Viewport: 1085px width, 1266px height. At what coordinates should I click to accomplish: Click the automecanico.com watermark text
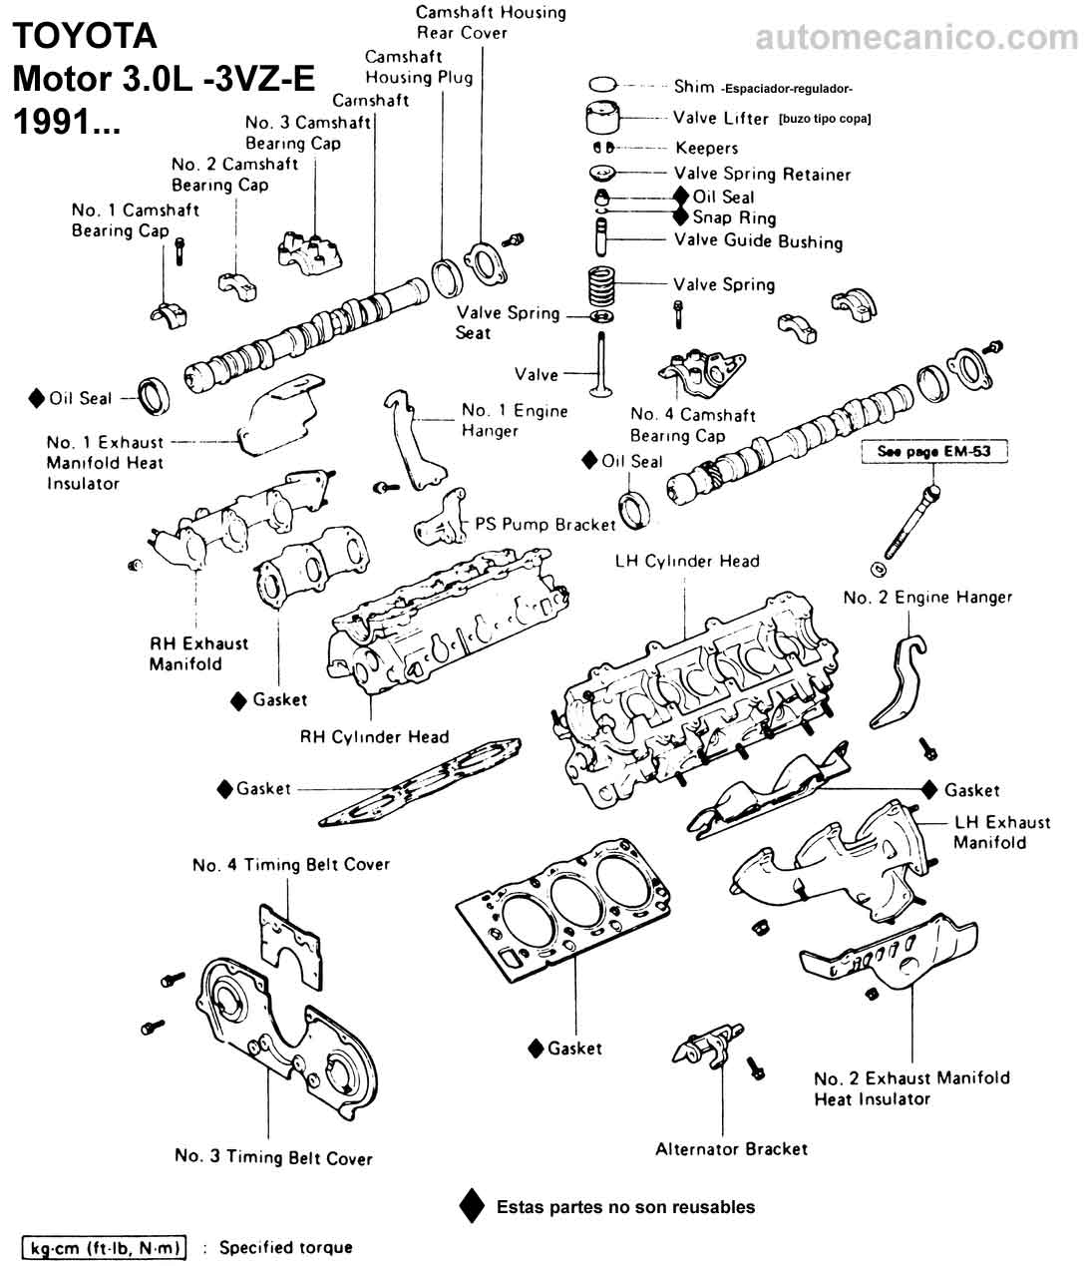click(x=916, y=38)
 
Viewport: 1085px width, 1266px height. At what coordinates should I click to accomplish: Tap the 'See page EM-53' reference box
click(x=933, y=452)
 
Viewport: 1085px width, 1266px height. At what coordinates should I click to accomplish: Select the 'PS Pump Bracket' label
click(x=544, y=524)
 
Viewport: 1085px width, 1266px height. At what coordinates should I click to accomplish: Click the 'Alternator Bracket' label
click(x=731, y=1149)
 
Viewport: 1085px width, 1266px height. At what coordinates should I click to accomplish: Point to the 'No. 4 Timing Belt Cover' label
click(x=290, y=865)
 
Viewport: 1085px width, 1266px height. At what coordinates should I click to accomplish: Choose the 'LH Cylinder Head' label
click(x=687, y=562)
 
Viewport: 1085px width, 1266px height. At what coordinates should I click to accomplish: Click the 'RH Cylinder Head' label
click(x=374, y=737)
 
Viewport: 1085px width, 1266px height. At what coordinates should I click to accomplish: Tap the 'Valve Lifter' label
click(x=720, y=119)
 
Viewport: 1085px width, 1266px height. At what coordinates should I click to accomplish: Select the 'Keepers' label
click(x=706, y=149)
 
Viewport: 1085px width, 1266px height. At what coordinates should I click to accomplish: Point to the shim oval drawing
click(x=603, y=85)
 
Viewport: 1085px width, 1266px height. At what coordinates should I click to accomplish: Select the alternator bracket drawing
click(x=709, y=1047)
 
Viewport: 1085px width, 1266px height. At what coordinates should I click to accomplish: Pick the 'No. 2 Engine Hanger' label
click(x=926, y=598)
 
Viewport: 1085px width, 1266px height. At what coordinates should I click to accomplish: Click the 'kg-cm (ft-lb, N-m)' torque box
click(x=104, y=1248)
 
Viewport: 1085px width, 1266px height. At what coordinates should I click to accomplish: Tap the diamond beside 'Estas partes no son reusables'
click(x=472, y=1207)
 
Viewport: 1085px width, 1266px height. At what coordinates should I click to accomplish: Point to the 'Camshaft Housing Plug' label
click(x=418, y=67)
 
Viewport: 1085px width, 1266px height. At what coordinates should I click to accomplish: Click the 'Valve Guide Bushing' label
click(x=757, y=241)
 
